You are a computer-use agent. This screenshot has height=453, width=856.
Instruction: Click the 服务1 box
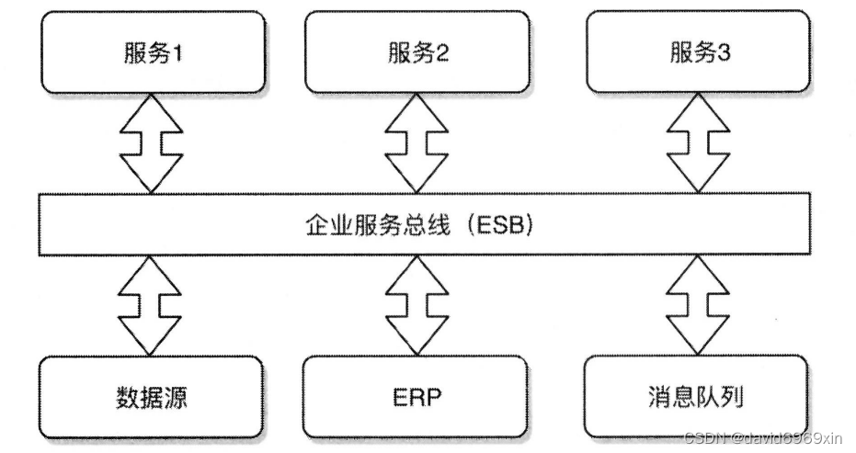point(154,52)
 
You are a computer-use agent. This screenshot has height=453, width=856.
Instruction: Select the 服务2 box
point(417,52)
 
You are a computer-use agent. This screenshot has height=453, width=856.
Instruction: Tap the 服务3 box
point(698,52)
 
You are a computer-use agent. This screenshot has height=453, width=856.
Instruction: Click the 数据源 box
point(151,397)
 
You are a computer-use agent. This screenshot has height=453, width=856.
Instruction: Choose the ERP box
point(416,397)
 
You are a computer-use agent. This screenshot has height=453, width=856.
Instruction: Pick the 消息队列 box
point(696,397)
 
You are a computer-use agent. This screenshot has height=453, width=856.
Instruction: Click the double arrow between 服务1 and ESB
point(151,143)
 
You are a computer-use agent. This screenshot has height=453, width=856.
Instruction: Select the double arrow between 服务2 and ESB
point(417,143)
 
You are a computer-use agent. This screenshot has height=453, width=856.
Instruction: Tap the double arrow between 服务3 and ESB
point(698,143)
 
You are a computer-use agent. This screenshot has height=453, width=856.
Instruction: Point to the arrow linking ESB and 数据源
point(150,306)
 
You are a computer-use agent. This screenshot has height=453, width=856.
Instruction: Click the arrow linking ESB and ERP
point(417,306)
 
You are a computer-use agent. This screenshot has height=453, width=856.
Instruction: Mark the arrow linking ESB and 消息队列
point(697,306)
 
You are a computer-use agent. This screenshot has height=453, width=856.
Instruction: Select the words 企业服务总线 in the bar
point(378,225)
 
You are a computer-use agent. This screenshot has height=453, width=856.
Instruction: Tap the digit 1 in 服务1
point(177,53)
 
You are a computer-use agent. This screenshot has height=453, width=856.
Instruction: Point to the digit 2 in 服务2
point(441,53)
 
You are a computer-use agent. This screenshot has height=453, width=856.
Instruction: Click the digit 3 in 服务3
point(723,53)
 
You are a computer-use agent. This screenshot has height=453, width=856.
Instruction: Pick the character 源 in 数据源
point(176,397)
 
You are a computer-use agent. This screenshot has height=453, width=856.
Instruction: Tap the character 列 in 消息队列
point(731,397)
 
